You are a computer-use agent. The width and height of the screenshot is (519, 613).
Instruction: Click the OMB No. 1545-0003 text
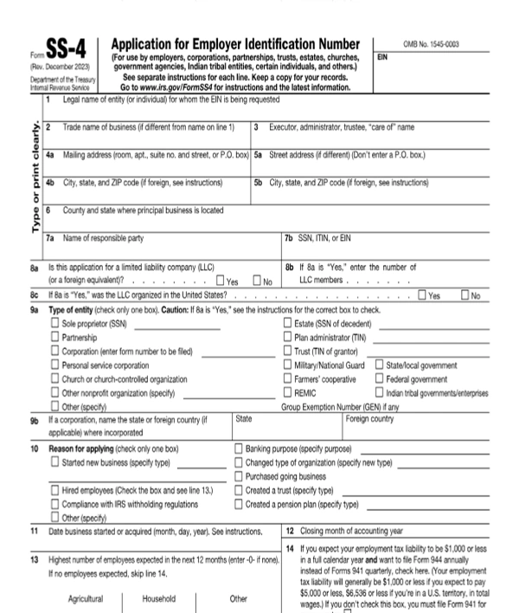pos(432,43)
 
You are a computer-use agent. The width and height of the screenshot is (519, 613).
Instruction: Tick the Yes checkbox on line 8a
pos(221,281)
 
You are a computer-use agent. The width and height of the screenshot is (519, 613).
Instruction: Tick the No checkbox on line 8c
pos(465,295)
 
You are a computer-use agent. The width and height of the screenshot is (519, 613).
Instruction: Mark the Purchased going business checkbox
pos(240,476)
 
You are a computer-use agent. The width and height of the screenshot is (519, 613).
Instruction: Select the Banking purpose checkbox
pos(240,448)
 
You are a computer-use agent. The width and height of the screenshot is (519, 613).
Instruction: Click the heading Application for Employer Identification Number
pos(235,44)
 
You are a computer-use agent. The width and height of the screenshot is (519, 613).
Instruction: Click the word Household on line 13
pos(159,598)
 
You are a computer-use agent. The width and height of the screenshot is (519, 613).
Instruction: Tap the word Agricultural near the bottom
pos(85,598)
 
